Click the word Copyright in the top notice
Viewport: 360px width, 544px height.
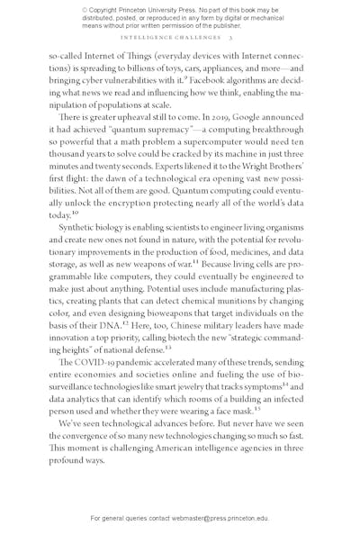[106, 10]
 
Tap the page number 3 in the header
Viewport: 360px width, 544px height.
[230, 39]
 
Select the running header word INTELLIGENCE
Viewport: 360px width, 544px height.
[150, 39]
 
